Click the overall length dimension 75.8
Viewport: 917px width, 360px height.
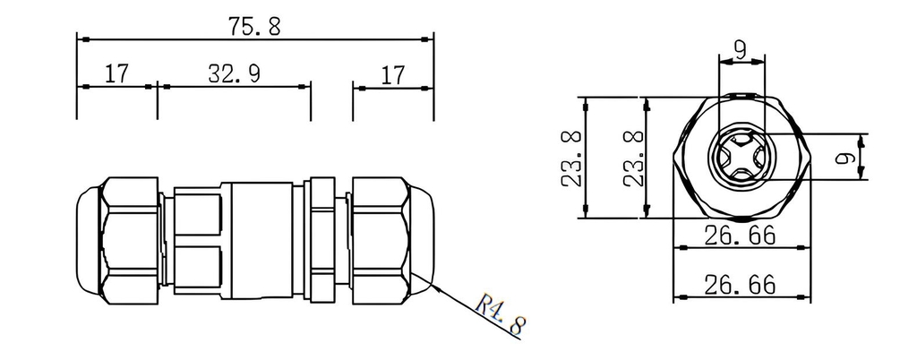[x=253, y=26]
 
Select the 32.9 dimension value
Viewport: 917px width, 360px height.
[x=234, y=73]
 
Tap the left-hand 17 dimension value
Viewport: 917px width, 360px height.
[x=116, y=73]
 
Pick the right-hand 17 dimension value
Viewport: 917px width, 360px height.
[x=392, y=75]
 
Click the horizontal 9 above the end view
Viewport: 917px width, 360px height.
[x=741, y=51]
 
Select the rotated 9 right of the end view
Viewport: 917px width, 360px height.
[x=844, y=158]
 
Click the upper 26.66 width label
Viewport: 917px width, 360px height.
[x=740, y=236]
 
